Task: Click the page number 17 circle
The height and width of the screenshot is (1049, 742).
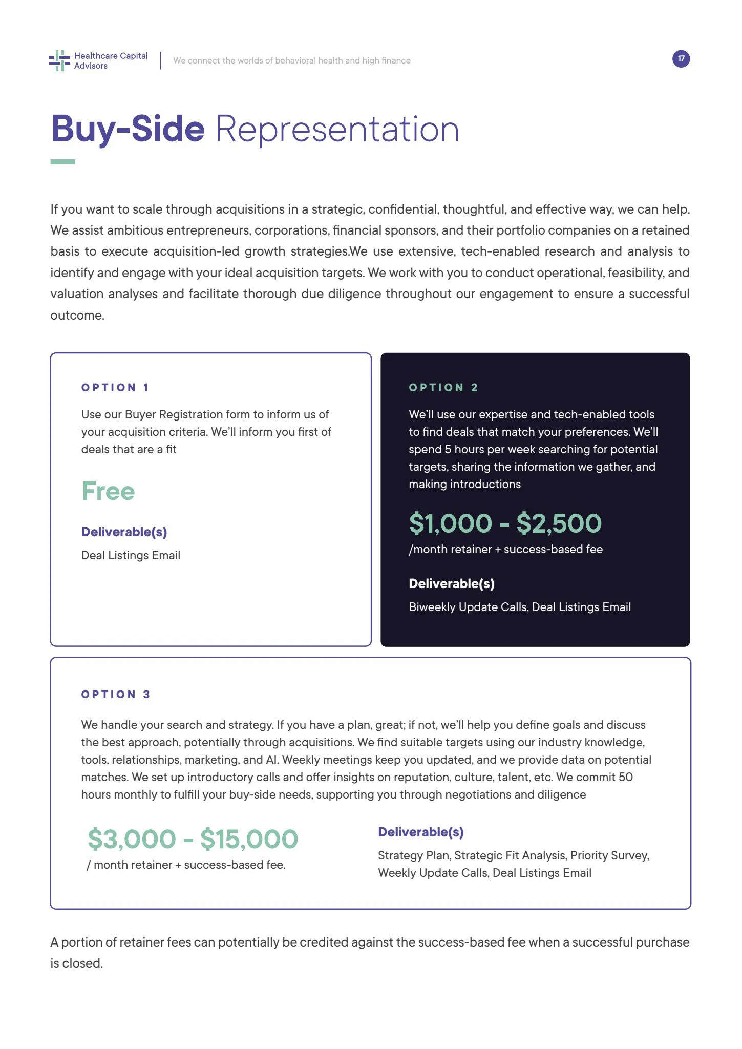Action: [x=681, y=59]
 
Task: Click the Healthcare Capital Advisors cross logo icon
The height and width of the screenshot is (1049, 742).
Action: [x=59, y=60]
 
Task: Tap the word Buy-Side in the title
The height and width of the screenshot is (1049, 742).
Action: [x=128, y=129]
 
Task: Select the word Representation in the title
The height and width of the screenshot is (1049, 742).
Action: [x=337, y=129]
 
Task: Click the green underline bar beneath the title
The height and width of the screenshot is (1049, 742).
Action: [x=62, y=162]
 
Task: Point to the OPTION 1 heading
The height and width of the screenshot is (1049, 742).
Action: [x=115, y=388]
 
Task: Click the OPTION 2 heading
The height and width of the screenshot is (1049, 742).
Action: [x=443, y=388]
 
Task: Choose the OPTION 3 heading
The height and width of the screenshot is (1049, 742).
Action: [x=116, y=695]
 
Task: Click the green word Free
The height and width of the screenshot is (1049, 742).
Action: [x=108, y=491]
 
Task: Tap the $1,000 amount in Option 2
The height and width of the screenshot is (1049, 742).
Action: [x=450, y=523]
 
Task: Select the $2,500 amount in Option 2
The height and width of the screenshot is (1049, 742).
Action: [x=559, y=523]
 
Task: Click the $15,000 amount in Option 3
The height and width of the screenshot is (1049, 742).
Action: [x=249, y=839]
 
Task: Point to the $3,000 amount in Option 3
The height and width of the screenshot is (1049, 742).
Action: [x=132, y=839]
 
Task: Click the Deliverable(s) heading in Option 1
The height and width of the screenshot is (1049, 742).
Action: [x=124, y=532]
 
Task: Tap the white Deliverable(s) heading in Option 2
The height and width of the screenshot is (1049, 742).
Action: [x=451, y=583]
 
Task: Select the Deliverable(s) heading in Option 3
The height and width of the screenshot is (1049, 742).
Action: [x=420, y=832]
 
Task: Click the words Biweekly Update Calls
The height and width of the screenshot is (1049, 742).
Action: [x=468, y=607]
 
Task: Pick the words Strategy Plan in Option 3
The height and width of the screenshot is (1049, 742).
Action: [x=414, y=855]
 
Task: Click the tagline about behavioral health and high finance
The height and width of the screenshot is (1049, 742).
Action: [x=291, y=60]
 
